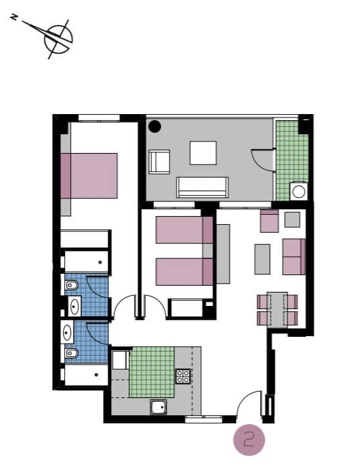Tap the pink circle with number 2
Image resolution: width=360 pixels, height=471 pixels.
[x=249, y=440]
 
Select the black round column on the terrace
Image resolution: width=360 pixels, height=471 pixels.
[x=155, y=125]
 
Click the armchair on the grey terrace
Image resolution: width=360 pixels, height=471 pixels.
[x=160, y=162]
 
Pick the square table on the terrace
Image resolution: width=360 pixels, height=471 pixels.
[x=203, y=152]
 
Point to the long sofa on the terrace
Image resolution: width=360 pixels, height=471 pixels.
[x=202, y=187]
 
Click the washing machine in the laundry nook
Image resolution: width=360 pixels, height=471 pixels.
[x=298, y=192]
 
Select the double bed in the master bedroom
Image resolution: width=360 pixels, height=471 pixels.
[x=88, y=175]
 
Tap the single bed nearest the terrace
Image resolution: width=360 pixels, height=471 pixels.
[x=184, y=229]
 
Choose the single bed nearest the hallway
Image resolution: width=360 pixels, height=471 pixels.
[x=184, y=272]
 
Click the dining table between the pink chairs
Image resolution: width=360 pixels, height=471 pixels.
[x=278, y=309]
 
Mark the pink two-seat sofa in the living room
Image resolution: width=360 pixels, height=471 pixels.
[x=294, y=257]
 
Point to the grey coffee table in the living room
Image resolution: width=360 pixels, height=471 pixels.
[x=262, y=258]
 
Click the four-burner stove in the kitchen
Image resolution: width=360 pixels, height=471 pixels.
[x=184, y=376]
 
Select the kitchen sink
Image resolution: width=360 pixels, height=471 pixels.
[x=158, y=407]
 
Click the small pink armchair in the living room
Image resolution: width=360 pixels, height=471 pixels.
[x=269, y=221]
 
